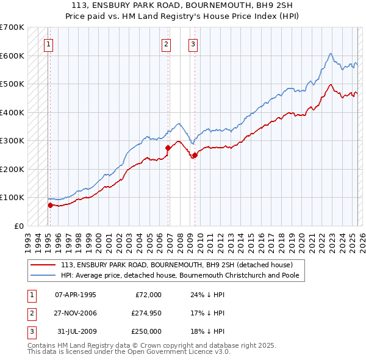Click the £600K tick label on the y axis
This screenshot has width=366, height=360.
click(x=12, y=56)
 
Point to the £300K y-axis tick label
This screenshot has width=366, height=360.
click(x=12, y=141)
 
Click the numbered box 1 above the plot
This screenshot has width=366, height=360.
click(x=48, y=43)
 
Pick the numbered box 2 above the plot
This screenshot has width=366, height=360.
click(x=166, y=43)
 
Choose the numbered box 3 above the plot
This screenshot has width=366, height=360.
click(x=193, y=43)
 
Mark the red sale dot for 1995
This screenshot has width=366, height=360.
click(x=50, y=205)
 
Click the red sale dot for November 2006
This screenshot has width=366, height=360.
click(x=168, y=148)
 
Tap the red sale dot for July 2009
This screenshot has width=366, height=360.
click(x=195, y=155)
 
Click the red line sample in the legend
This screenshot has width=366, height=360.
click(x=43, y=265)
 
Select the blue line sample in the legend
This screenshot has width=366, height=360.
click(x=43, y=275)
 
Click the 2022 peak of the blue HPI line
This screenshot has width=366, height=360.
click(x=330, y=54)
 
